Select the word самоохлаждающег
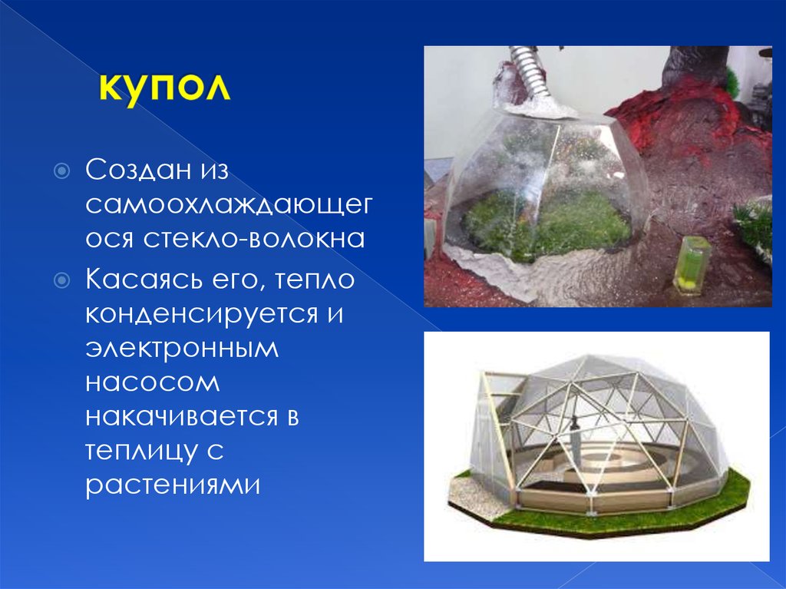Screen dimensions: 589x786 coord(229,204)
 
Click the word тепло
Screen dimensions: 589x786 coord(312,280)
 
